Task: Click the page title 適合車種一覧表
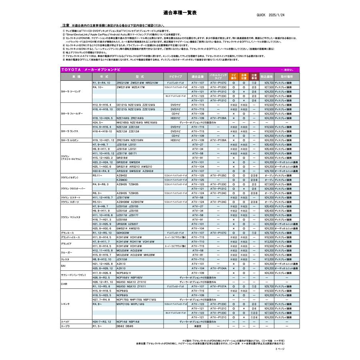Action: pyautogui.click(x=180, y=13)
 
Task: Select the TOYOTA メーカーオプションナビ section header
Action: pyautogui.click(x=86, y=70)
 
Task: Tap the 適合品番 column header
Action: pyautogui.click(x=198, y=76)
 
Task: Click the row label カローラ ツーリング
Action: pyautogui.click(x=71, y=92)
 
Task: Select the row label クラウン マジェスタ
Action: pyautogui.click(x=71, y=217)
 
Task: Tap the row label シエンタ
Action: pyautogui.click(x=65, y=304)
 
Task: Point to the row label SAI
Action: pyautogui.click(x=63, y=266)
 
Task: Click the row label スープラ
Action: pyautogui.click(x=65, y=326)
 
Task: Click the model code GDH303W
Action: pyautogui.click(x=122, y=232)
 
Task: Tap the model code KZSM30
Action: pyautogui.click(x=122, y=180)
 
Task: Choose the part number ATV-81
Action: pyautogui.click(x=198, y=255)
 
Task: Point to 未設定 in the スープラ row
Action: pyautogui.click(x=198, y=326)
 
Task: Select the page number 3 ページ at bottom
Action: pyautogui.click(x=280, y=349)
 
